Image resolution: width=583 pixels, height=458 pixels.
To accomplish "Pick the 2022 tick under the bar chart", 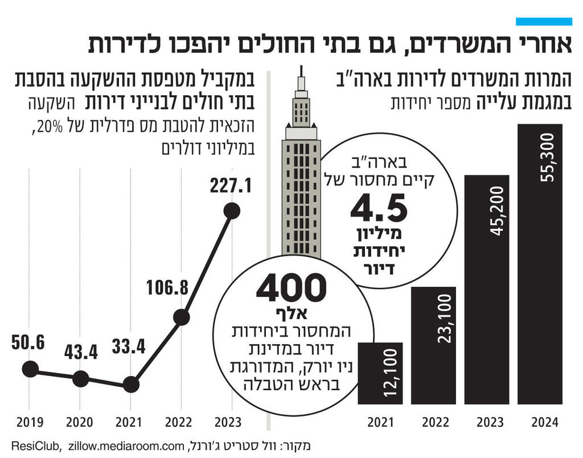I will click(434, 423).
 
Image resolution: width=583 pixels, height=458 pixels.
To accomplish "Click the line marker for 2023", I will click(232, 211).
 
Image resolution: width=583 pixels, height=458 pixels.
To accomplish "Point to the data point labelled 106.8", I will click(181, 318).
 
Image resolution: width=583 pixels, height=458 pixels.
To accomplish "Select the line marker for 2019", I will click(31, 369).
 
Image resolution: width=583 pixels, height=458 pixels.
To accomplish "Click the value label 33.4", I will click(130, 346).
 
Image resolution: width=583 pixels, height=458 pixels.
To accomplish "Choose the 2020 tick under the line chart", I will click(80, 423).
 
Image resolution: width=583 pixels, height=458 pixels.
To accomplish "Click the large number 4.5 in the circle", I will click(379, 210).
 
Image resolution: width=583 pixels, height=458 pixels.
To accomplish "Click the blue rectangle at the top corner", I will click(543, 21).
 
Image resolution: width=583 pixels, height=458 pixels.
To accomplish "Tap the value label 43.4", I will click(81, 352).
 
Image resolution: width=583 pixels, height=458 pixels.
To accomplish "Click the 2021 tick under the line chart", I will click(130, 423).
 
